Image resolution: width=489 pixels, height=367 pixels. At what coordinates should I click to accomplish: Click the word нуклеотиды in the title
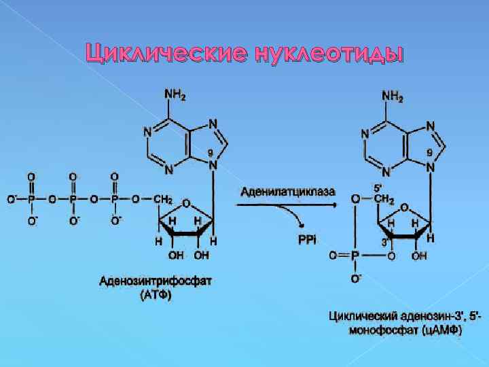click(328, 52)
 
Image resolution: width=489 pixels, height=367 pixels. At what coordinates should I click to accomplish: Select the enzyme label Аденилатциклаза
click(287, 192)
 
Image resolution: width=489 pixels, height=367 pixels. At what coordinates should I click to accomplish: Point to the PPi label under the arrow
click(307, 240)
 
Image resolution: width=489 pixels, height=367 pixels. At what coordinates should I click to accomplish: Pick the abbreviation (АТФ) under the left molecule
click(156, 296)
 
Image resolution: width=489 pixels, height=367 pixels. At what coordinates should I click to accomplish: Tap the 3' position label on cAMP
click(384, 241)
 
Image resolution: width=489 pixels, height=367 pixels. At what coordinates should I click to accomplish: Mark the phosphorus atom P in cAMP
click(354, 256)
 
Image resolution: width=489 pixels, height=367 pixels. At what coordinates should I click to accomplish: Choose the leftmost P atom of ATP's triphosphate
click(31, 200)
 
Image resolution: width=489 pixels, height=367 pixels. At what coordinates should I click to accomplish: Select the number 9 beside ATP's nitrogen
click(211, 152)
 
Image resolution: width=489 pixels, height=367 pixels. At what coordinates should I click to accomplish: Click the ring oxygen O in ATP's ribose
click(186, 203)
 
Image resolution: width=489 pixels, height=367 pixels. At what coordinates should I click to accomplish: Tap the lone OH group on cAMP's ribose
click(419, 256)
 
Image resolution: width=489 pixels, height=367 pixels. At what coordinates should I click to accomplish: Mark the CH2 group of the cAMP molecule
click(384, 200)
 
